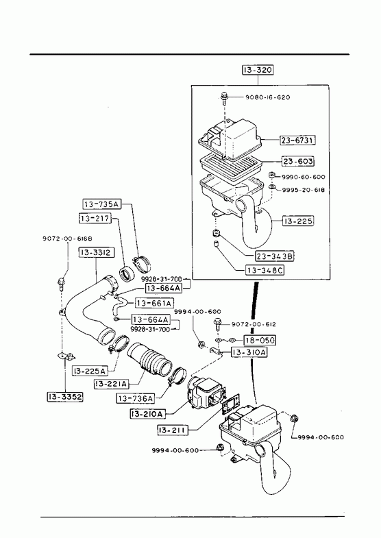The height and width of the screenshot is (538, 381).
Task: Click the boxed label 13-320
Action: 258,70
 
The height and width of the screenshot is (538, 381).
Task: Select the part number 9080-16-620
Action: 267,97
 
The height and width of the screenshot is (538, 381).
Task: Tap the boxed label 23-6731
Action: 298,140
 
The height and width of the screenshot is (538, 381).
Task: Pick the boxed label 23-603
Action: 298,161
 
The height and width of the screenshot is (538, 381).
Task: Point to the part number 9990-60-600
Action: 303,177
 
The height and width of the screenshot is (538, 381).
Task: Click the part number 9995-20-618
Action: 303,190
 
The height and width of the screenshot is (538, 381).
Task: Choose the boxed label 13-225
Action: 298,221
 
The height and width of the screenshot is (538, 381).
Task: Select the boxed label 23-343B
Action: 274,256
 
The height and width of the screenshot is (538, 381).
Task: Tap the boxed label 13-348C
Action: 265,271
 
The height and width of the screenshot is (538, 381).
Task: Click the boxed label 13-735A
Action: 102,204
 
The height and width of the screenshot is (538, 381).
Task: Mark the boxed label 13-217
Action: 95,218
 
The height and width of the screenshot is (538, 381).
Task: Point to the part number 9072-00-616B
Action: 67,239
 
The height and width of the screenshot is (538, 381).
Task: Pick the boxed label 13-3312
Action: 97,252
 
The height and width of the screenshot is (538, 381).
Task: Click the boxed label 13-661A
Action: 153,304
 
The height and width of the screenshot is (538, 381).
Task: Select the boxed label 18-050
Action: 260,340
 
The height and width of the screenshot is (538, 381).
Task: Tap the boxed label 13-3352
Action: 65,397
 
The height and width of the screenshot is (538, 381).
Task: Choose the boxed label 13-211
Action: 173,430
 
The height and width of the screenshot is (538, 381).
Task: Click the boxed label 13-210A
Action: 147,414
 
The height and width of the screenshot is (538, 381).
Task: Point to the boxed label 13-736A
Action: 135,398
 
